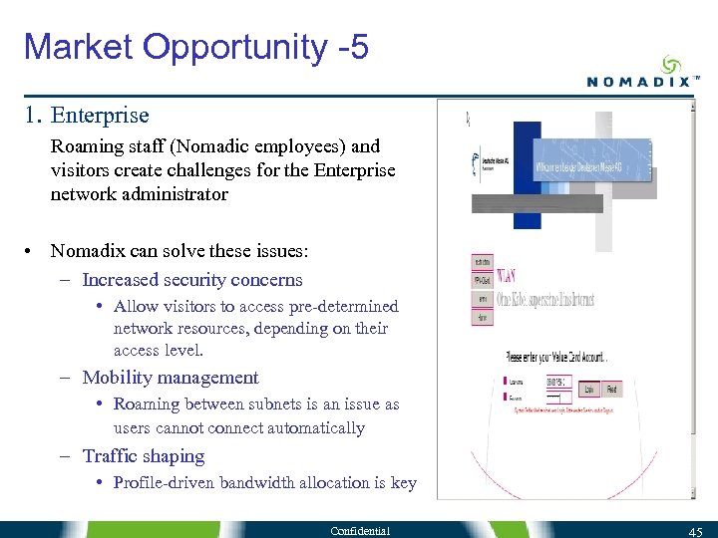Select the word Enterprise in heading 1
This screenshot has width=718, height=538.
tap(100, 116)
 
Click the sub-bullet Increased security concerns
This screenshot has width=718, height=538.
tap(191, 280)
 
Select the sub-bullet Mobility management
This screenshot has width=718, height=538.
tap(170, 378)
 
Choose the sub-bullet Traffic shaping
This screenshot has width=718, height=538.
tap(143, 456)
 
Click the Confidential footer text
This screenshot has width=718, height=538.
tap(361, 530)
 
